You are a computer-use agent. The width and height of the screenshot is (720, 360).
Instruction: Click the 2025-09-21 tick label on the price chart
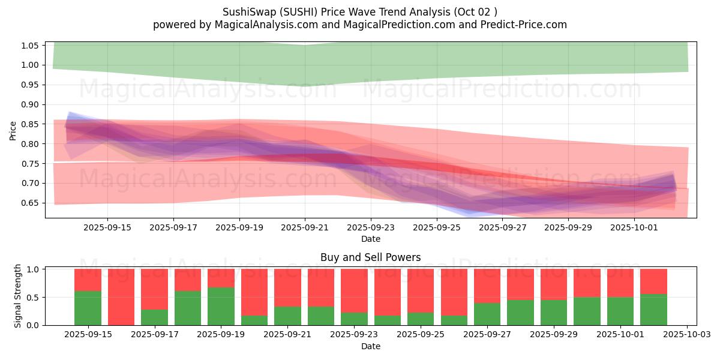coord(305,227)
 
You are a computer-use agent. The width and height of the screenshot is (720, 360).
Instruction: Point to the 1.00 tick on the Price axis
coord(30,65)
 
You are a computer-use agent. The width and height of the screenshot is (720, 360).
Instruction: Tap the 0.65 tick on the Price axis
coord(30,203)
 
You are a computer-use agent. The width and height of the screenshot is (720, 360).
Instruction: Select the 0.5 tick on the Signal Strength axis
coord(33,297)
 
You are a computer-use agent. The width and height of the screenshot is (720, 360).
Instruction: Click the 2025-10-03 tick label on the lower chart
coord(687,335)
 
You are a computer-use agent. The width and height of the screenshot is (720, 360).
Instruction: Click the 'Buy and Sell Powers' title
coord(370,257)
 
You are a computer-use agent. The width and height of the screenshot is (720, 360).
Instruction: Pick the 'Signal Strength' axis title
coord(18,296)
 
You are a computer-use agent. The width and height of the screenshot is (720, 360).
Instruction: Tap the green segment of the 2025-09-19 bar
coord(221,306)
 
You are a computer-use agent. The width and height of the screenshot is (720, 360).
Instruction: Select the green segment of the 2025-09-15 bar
coord(88,308)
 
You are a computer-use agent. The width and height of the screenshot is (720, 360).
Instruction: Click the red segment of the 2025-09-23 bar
coord(354,290)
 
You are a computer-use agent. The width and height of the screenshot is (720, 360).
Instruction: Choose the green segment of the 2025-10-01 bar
coord(620,311)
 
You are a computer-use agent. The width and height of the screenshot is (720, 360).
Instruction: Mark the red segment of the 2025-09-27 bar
coord(487,286)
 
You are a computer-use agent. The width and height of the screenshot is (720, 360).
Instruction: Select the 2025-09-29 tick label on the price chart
coord(568,227)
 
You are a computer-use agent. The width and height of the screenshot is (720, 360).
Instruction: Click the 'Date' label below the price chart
coord(370,239)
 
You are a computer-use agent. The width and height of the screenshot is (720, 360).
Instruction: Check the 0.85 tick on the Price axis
coord(30,124)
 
